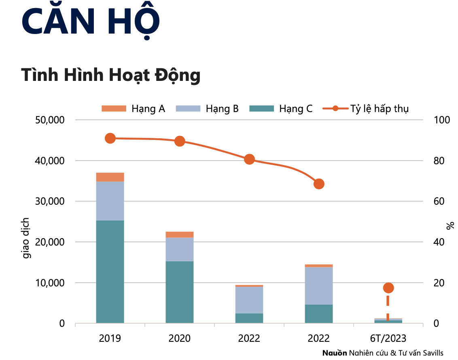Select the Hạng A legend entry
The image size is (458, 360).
134,109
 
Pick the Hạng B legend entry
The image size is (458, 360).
207,109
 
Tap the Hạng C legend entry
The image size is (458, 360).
281,109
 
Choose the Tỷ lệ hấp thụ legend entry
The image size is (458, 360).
366,109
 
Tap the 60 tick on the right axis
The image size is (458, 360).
439,201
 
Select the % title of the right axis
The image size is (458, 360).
450,226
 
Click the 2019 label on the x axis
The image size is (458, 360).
110,338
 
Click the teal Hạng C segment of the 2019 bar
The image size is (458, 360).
110,271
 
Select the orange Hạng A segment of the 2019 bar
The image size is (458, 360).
110,177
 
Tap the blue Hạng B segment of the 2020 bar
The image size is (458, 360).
180,249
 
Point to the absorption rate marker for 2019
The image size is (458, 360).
110,138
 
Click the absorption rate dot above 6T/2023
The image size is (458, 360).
388,288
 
